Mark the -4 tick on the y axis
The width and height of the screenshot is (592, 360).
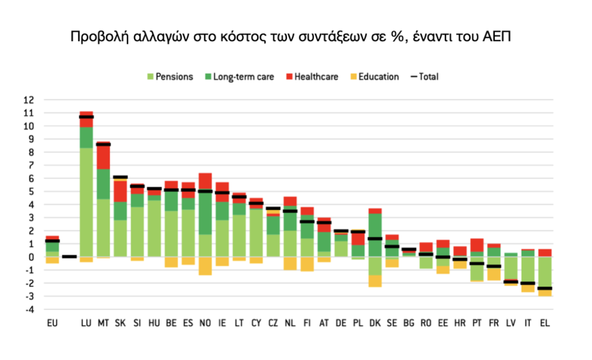(x=29, y=310)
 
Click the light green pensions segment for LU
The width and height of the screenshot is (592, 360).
(x=87, y=202)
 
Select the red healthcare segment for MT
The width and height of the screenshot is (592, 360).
(x=103, y=156)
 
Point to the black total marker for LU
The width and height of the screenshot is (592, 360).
(x=87, y=117)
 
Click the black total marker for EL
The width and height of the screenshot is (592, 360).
(x=544, y=288)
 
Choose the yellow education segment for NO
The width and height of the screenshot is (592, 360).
(x=205, y=266)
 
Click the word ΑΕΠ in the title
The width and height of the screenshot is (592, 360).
(x=495, y=36)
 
